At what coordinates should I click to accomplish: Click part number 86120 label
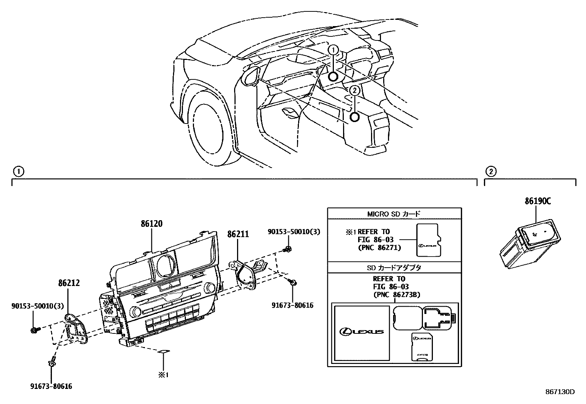tap(151, 224)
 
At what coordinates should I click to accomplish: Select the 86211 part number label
tap(238, 234)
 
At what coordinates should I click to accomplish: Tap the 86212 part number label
tap(68, 283)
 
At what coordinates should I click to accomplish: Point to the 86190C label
tap(538, 201)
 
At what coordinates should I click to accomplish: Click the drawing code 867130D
tap(560, 392)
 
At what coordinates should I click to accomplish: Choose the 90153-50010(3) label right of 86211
tap(294, 232)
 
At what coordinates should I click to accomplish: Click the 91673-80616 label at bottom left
tap(51, 386)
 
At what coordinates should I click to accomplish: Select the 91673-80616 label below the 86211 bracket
tap(293, 305)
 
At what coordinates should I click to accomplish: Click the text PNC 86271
tap(379, 248)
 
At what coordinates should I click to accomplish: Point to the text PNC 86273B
tap(396, 294)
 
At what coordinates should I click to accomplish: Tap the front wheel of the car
tap(207, 128)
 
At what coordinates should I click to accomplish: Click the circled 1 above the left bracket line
tap(18, 171)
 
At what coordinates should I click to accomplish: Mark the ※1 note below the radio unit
tap(163, 375)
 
